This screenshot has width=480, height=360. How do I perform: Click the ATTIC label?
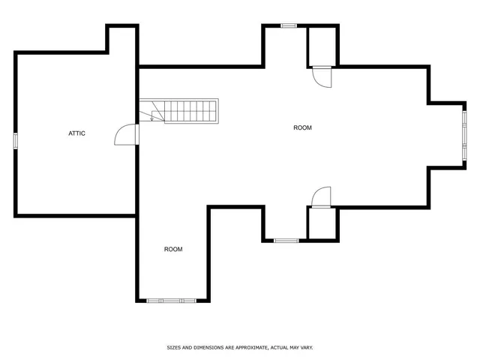[x=76, y=133]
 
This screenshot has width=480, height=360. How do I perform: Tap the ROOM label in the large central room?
[x=301, y=127]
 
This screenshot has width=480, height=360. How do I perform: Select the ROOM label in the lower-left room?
[x=173, y=249]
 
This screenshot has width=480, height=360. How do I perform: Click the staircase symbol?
[x=184, y=111]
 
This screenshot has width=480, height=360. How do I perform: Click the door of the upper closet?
[x=321, y=76]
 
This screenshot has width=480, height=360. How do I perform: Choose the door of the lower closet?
[x=321, y=196]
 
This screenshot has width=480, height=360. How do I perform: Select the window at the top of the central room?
[x=288, y=25]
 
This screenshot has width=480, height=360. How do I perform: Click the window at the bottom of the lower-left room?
[x=171, y=300]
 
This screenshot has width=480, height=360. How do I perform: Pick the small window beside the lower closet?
[x=285, y=240]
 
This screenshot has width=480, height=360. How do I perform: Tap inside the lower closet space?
[x=322, y=223]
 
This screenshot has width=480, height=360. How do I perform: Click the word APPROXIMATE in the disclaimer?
[x=250, y=348]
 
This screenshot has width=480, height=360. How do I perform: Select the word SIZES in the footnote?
[x=174, y=348]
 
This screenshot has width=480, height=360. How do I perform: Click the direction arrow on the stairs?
[x=152, y=116]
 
